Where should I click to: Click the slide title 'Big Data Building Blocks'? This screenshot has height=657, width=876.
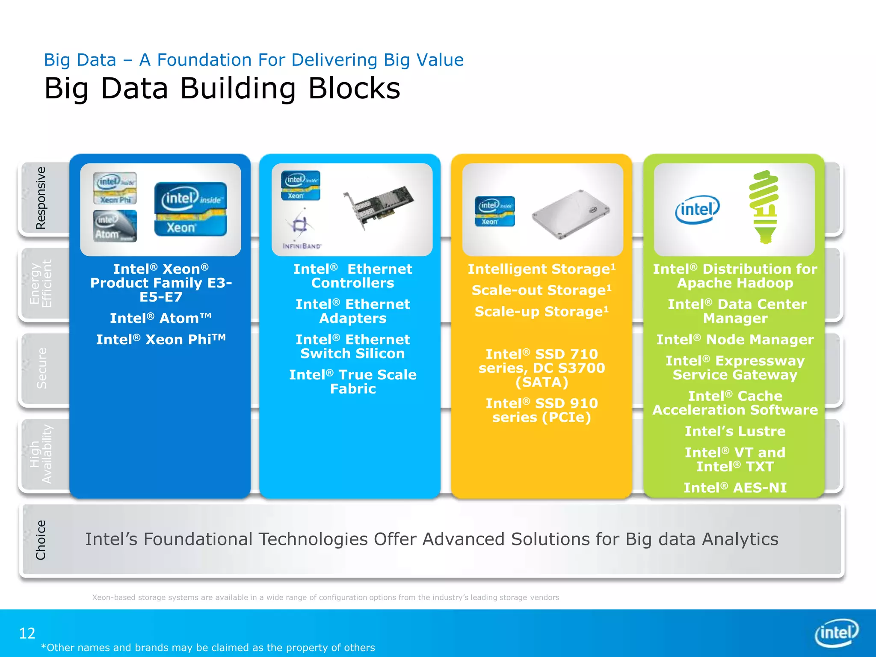[222, 89]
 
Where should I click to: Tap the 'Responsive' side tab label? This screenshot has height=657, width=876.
[41, 198]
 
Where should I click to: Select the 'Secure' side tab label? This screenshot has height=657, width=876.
[41, 368]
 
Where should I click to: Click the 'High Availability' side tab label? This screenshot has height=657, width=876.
[41, 454]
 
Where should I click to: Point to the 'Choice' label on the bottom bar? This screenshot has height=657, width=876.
[41, 540]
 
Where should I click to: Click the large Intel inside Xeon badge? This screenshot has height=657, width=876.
[190, 209]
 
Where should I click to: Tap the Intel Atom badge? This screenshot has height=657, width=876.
[115, 226]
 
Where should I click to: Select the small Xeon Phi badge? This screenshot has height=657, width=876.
[115, 188]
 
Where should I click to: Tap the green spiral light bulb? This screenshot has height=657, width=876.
[764, 207]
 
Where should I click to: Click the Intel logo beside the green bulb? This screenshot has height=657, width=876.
[697, 210]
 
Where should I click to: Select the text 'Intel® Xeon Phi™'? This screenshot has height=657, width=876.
[160, 339]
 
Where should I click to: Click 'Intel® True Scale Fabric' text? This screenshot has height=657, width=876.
[352, 382]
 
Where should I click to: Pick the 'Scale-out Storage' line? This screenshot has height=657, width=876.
[541, 290]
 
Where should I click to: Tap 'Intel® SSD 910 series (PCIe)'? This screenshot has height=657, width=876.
[542, 410]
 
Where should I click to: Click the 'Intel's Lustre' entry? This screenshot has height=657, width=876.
[735, 431]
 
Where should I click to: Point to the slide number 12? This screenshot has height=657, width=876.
[27, 633]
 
